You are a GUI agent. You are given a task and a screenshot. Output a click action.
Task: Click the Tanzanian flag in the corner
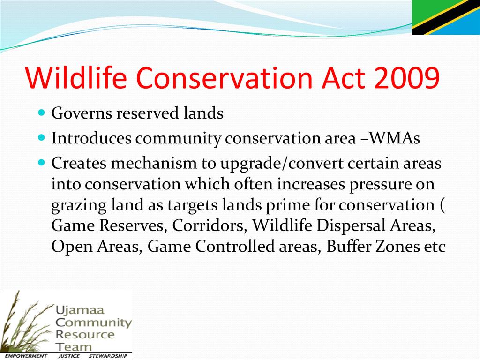click(446, 17)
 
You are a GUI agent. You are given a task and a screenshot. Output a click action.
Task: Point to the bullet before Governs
click(42, 112)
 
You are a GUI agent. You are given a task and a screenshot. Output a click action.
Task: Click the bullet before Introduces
click(42, 137)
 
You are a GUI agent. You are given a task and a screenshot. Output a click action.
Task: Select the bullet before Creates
click(42, 162)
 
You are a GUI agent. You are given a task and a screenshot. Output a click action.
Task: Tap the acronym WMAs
click(395, 138)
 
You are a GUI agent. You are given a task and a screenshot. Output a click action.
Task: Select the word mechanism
click(153, 163)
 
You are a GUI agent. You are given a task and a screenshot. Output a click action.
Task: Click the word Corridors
click(210, 226)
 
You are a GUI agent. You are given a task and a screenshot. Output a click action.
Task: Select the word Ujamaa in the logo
click(80, 311)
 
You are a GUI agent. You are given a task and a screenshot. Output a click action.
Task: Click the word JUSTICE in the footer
click(69, 356)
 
